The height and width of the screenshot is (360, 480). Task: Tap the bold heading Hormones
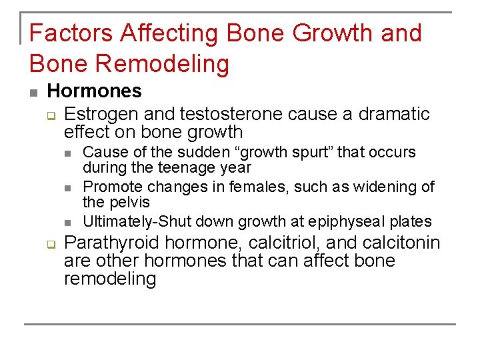(x=94, y=91)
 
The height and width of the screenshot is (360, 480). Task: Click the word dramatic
(x=394, y=114)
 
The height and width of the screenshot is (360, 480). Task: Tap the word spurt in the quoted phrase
(x=309, y=153)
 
